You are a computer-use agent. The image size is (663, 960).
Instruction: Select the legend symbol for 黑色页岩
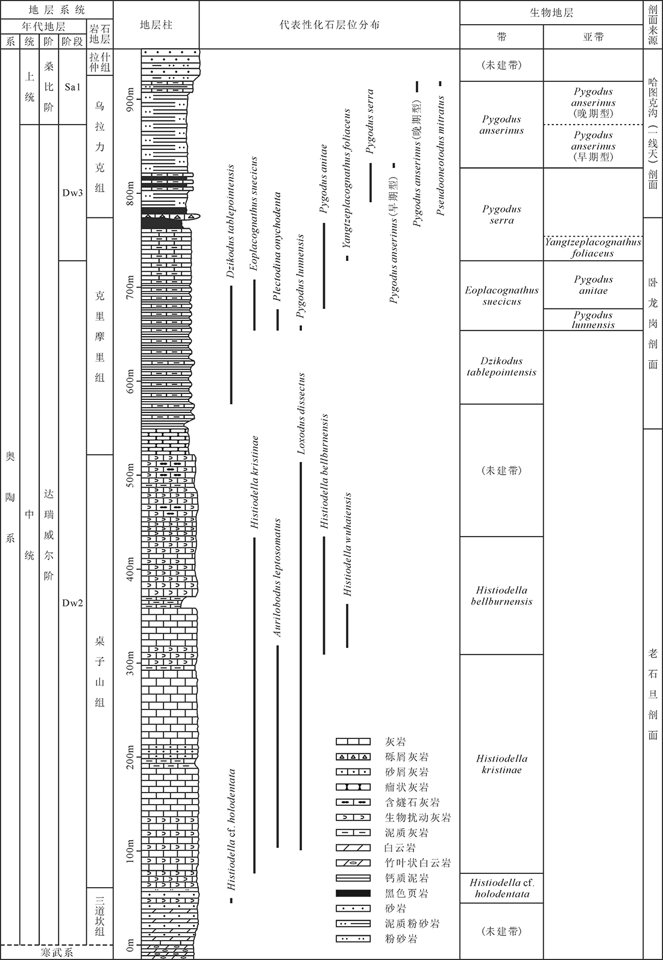[353, 893]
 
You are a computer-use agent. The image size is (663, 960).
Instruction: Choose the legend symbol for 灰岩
[353, 741]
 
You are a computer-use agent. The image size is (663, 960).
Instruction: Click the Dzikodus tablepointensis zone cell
[501, 366]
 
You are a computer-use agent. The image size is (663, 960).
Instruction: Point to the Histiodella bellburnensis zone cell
[501, 595]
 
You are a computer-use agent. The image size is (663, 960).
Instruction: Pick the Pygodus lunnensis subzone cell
[593, 320]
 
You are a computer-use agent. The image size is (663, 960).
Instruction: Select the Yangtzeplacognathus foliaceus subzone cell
[593, 248]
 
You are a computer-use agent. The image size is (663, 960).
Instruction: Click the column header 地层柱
[156, 25]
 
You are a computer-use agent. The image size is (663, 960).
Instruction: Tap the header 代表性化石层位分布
[329, 25]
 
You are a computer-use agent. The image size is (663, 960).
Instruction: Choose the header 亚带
[593, 37]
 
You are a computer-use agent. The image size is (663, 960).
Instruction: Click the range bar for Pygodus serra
[371, 182]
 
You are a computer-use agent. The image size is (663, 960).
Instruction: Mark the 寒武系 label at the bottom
[56, 952]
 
